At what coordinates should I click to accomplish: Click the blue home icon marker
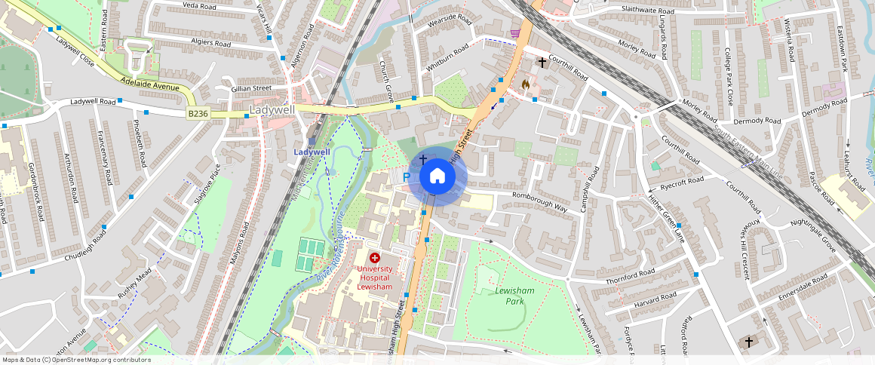coord(437,176)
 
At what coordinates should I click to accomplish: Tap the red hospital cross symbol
coord(374,258)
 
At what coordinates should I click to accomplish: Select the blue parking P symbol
coord(407,176)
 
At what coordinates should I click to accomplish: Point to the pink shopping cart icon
coord(515,33)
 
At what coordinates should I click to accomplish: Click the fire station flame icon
coord(526,85)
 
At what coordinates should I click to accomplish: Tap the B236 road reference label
coord(198,113)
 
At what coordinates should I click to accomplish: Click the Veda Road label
coord(199,6)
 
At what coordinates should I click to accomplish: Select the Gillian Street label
coord(251,88)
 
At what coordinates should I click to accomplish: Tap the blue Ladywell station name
coord(312,152)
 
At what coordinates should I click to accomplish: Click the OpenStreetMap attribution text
coord(75,360)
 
